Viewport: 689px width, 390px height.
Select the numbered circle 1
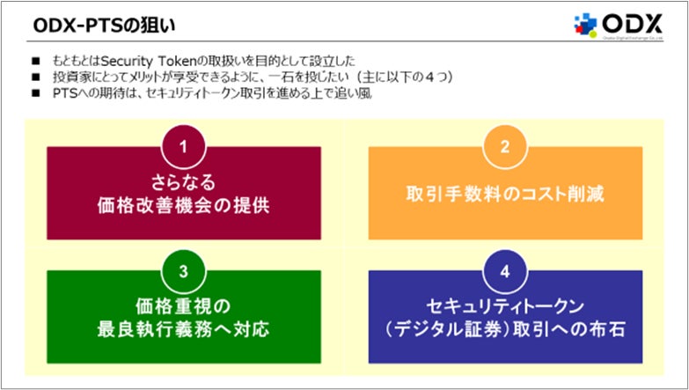(x=184, y=147)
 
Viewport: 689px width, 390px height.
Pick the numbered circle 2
(x=505, y=147)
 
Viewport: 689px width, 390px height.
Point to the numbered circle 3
(x=184, y=270)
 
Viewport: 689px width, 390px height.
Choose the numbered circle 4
(x=505, y=270)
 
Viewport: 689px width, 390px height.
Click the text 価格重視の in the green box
(x=184, y=305)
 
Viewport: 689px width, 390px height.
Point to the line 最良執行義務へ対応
(x=184, y=330)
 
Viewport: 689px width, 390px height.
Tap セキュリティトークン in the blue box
(x=505, y=305)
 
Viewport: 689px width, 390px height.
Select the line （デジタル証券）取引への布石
(x=505, y=330)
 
